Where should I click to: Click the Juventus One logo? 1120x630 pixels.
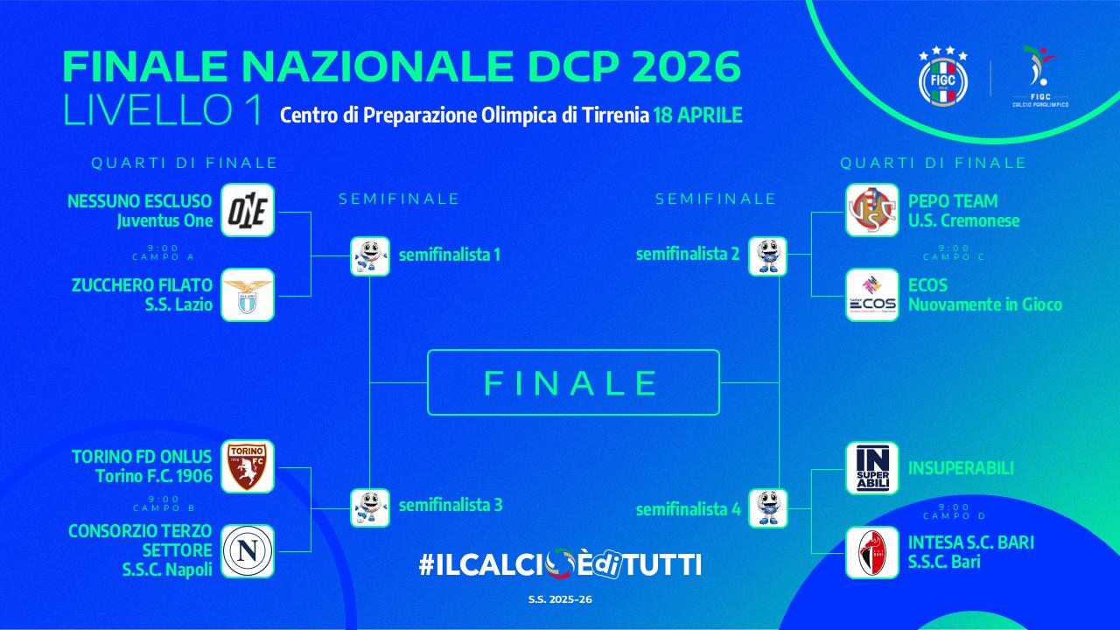[x=248, y=210]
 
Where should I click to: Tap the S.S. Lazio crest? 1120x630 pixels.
[x=248, y=295]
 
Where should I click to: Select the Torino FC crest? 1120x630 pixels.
[x=248, y=466]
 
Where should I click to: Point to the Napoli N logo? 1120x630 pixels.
[x=248, y=551]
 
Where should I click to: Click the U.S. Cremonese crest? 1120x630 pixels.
[x=872, y=210]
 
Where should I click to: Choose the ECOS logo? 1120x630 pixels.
[x=872, y=295]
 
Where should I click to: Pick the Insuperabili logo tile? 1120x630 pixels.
[x=872, y=468]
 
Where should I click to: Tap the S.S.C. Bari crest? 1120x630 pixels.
[x=872, y=552]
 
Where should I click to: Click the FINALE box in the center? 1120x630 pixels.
[x=573, y=382]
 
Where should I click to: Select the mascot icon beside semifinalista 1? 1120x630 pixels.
[x=369, y=255]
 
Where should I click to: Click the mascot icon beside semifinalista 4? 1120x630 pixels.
[x=767, y=507]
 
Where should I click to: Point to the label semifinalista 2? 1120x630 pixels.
[x=688, y=255]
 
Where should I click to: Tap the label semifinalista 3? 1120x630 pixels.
[x=451, y=505]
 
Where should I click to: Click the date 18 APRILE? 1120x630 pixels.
[x=697, y=115]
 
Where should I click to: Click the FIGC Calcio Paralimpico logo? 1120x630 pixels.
[x=1039, y=77]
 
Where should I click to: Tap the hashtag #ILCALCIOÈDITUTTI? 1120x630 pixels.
[x=560, y=564]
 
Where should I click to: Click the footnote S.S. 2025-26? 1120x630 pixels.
[x=560, y=599]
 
